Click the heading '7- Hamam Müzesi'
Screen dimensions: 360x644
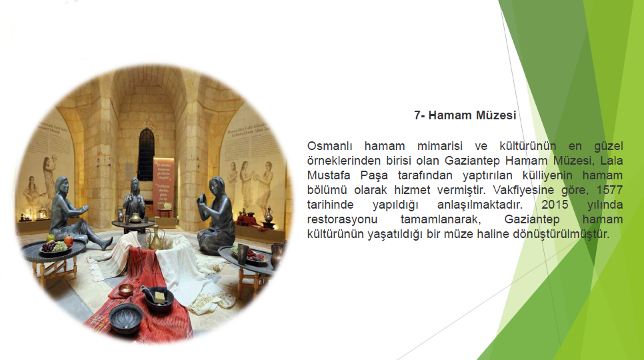(465, 115)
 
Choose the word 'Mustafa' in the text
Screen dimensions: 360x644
(328, 175)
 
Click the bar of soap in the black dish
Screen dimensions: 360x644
(160, 294)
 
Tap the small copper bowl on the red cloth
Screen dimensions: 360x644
(125, 289)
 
